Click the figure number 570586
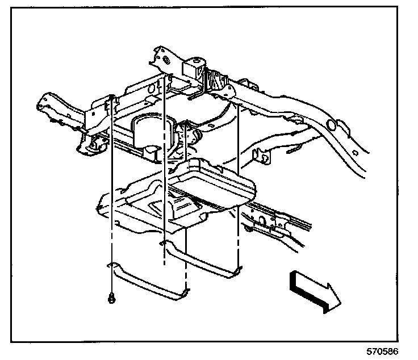[x=382, y=351]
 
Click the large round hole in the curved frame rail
[x=331, y=124]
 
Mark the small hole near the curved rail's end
[x=355, y=153]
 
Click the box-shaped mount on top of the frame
[x=193, y=68]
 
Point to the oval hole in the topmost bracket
[x=166, y=60]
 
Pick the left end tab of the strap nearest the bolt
[x=112, y=265]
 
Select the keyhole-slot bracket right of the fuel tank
[x=261, y=157]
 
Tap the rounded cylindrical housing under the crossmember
[x=152, y=132]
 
